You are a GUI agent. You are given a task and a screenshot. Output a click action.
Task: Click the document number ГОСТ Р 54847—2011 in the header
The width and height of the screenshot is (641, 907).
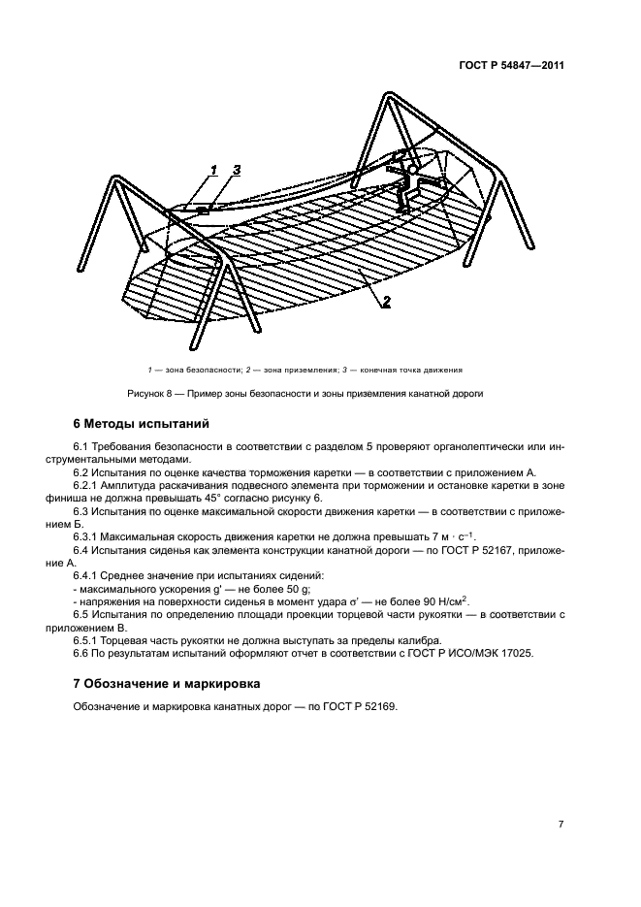click(512, 66)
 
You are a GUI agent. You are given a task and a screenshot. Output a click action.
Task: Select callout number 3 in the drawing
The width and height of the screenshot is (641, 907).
click(235, 172)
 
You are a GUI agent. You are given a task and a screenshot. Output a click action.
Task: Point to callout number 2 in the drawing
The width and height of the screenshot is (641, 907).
click(385, 302)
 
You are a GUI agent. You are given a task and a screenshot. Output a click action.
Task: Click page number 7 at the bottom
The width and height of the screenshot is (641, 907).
click(561, 824)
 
